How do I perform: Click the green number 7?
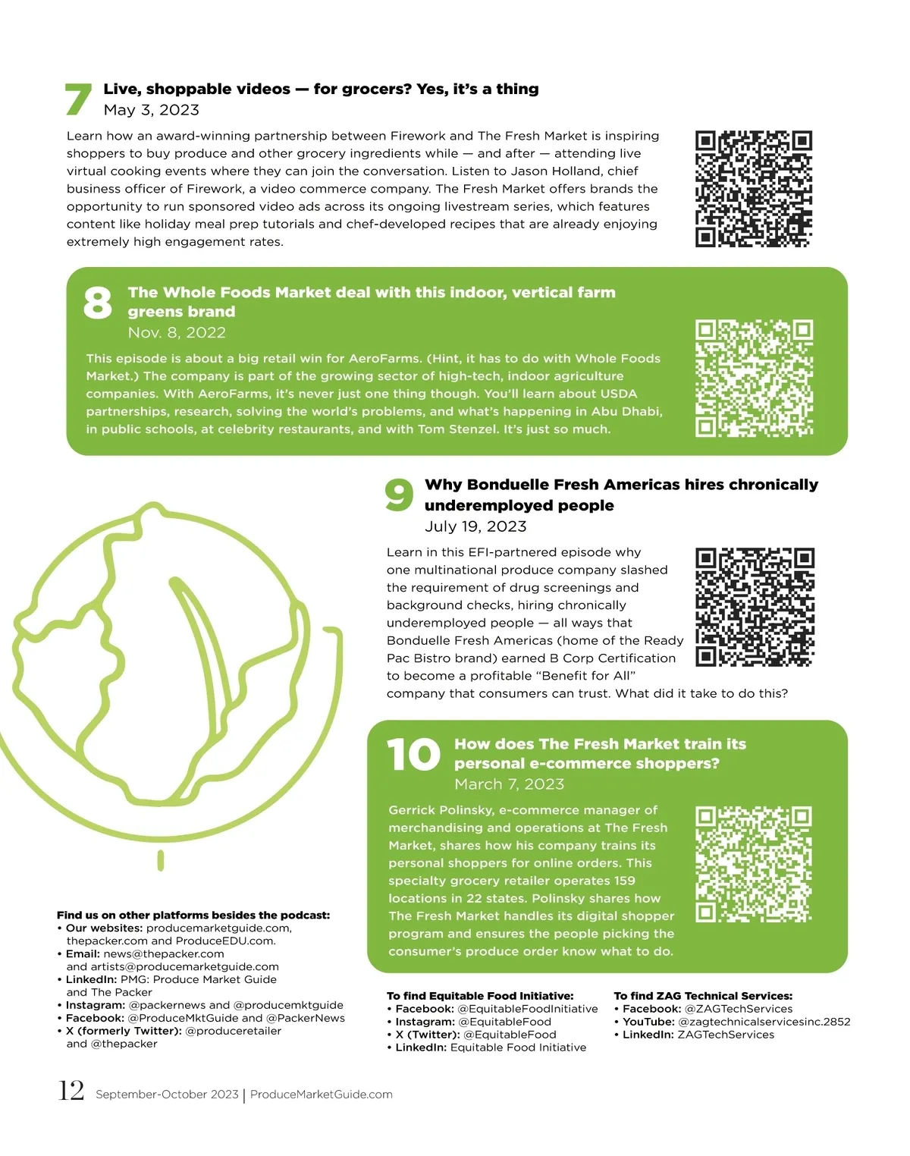(x=78, y=99)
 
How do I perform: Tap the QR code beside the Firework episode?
(x=753, y=189)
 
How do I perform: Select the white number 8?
(x=97, y=302)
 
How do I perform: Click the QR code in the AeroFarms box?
(x=754, y=378)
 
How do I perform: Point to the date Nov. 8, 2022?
(x=177, y=332)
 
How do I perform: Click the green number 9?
(x=399, y=495)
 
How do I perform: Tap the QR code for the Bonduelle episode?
(x=755, y=607)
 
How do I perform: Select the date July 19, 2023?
(x=475, y=526)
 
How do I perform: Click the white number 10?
(x=413, y=754)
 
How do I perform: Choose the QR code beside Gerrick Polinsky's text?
(x=753, y=864)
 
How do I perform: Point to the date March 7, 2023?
(x=510, y=784)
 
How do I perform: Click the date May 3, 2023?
(x=152, y=110)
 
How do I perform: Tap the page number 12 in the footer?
(x=71, y=1091)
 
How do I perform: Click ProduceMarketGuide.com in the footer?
(x=322, y=1095)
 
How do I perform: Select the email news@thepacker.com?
(x=164, y=953)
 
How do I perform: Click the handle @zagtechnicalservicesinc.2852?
(x=764, y=1022)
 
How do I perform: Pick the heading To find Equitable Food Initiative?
(x=480, y=995)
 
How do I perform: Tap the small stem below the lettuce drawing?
(x=161, y=861)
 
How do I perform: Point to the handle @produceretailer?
(x=233, y=1031)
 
